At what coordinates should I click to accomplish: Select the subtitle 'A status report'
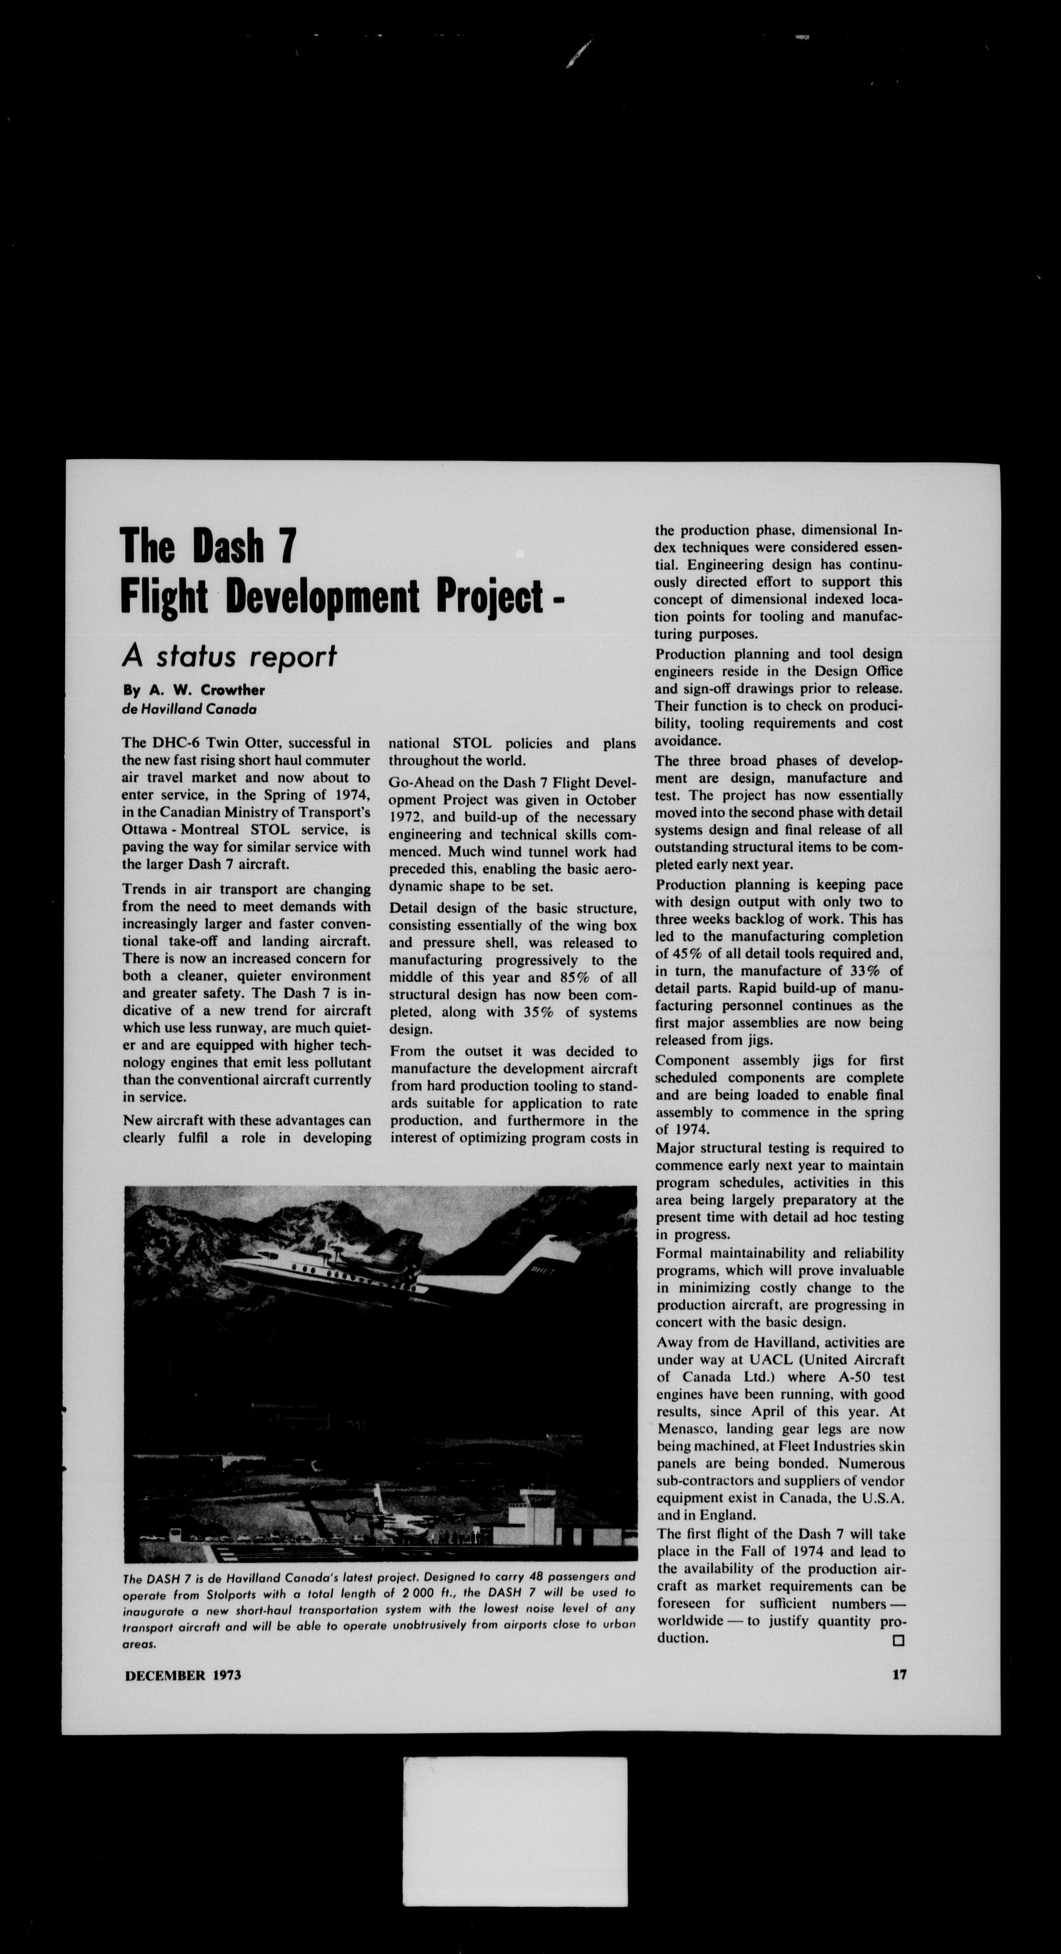229,656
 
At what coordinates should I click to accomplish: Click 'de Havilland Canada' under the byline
189,709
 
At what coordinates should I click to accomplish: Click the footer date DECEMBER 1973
183,1675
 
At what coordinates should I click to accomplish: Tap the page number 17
899,1674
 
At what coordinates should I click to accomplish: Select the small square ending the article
899,1640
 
